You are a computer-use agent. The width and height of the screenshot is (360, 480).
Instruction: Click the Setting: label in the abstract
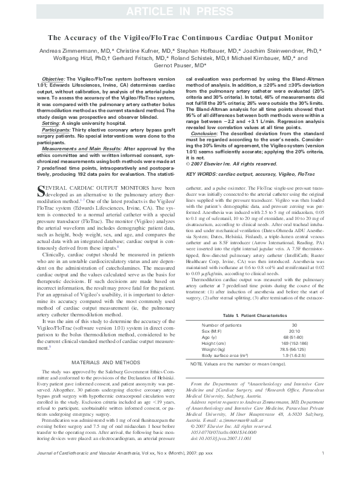[50, 123]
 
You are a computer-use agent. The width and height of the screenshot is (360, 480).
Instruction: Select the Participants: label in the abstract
[56, 129]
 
